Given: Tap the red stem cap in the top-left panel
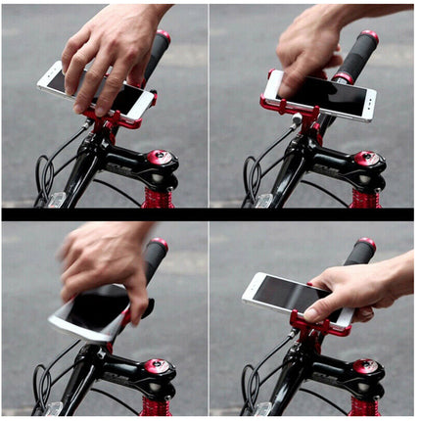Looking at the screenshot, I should point(157,157).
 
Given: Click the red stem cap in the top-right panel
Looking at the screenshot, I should point(366,158).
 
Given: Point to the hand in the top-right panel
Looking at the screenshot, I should point(308,44).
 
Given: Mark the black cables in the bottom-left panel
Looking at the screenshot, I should point(41,382).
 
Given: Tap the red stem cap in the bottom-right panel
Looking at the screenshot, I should point(366,367).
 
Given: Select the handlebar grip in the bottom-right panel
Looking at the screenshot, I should point(360,252).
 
